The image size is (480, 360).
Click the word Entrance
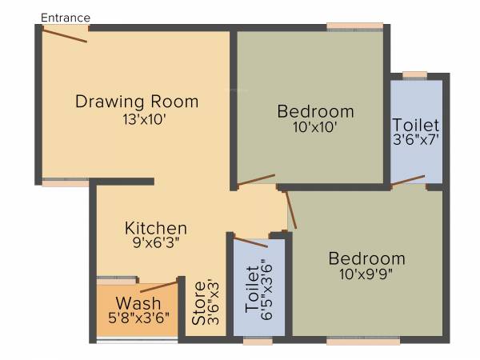point(65,17)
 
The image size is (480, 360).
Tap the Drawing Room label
point(136,102)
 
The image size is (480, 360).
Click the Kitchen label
point(155,228)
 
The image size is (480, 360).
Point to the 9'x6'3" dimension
point(155,245)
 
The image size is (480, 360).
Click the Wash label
point(138,304)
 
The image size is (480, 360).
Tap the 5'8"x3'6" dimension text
point(138,318)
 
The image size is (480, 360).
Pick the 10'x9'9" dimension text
point(366,274)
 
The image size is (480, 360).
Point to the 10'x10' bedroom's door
point(256,180)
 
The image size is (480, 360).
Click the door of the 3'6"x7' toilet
point(408,180)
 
